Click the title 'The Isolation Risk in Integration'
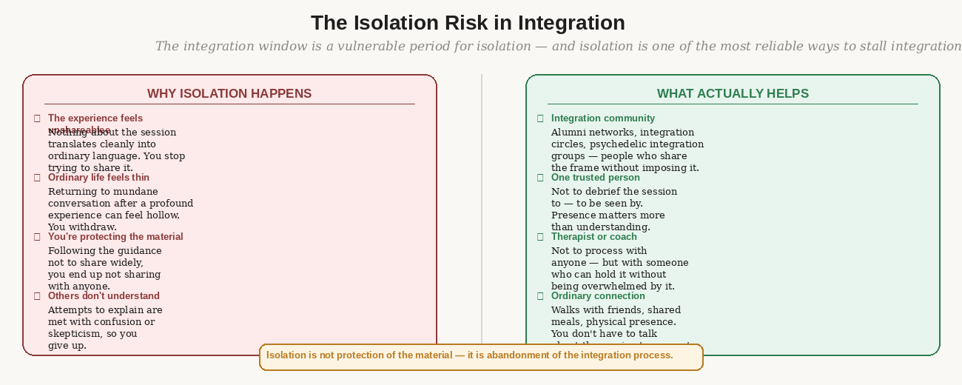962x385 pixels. coord(468,23)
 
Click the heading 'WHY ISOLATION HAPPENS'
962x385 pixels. coord(229,94)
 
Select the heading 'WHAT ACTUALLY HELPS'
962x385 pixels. coord(733,94)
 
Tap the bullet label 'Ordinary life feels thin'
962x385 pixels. coord(98,178)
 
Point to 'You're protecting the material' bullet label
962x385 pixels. coord(115,237)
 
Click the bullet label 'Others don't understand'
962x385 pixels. coord(104,296)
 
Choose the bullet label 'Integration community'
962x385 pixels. coord(602,118)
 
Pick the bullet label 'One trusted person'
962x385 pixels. coord(595,178)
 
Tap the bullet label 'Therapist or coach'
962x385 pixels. coord(593,237)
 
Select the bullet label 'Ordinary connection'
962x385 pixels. coord(598,296)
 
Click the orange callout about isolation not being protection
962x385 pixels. coord(481,356)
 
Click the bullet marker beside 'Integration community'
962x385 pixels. coord(540,118)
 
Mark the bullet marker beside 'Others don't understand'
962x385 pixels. coord(37,296)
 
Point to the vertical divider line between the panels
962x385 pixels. coord(482,207)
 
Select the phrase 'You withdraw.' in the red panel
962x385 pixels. coord(82,227)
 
